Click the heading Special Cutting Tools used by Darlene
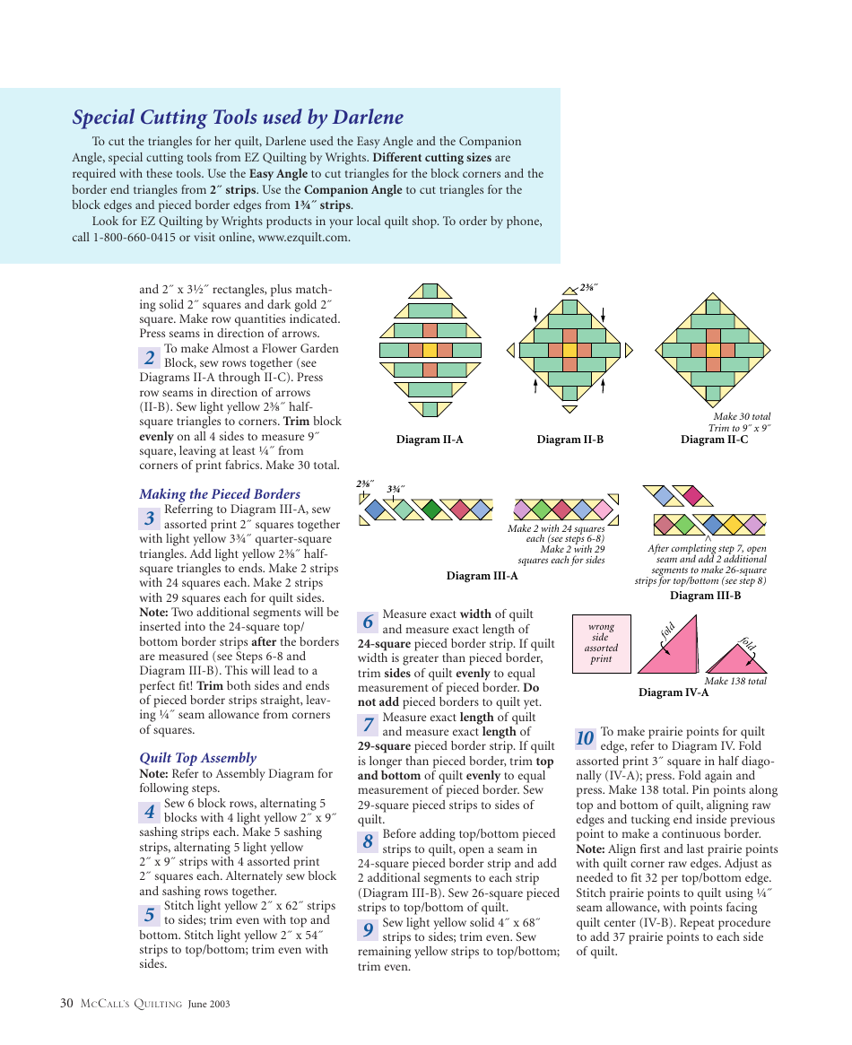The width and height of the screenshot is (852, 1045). [238, 118]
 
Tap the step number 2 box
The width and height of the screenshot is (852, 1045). [150, 357]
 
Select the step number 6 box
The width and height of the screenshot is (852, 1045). [368, 622]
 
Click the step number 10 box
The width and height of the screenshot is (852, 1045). [586, 738]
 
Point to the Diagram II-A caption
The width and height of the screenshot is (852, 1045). [430, 440]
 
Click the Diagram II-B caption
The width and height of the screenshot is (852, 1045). [569, 440]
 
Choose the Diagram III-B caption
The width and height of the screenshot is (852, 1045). [705, 596]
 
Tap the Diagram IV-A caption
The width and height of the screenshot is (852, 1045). [674, 692]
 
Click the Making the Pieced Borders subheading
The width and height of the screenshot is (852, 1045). [220, 494]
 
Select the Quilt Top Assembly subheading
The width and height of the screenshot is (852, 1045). [197, 758]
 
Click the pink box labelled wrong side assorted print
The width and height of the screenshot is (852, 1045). [601, 643]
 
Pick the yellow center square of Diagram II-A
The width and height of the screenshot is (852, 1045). [430, 350]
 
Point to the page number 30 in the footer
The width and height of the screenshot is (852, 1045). [66, 1004]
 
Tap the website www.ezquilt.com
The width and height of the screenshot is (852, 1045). [303, 238]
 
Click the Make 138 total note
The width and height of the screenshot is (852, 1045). [735, 681]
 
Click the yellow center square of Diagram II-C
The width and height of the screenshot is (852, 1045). [713, 350]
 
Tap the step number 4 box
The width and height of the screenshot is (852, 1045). [150, 812]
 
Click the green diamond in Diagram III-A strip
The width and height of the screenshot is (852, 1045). [432, 509]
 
